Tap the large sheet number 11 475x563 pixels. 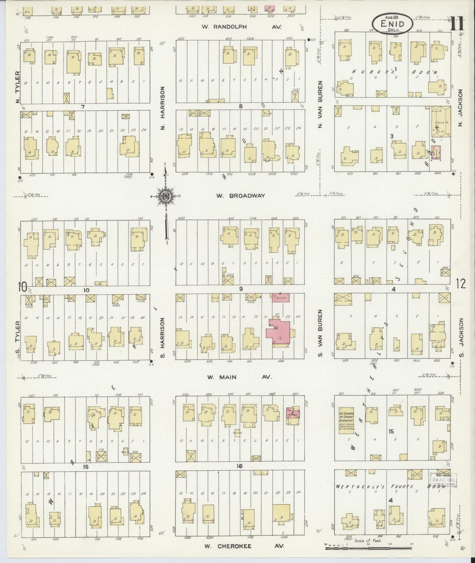pyautogui.click(x=457, y=24)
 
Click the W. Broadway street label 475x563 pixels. pyautogui.click(x=241, y=196)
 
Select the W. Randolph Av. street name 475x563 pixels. pyautogui.click(x=242, y=27)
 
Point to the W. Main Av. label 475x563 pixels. pyautogui.click(x=240, y=377)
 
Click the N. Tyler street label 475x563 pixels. pyautogui.click(x=18, y=87)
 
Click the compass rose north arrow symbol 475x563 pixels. pyautogui.click(x=166, y=196)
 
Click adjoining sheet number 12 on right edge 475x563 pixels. pyautogui.click(x=461, y=283)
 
